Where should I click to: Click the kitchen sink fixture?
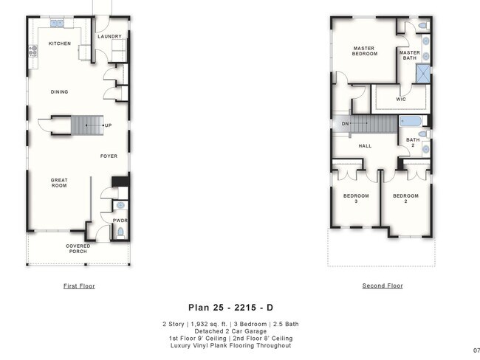click(57, 24)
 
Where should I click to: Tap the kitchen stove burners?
click(33, 51)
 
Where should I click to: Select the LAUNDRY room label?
click(109, 36)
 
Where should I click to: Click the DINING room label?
click(59, 91)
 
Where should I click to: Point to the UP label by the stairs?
click(109, 125)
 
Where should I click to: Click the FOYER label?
click(109, 156)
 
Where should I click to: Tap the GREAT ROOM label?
click(59, 183)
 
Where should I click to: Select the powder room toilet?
click(120, 232)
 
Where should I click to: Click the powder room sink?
click(120, 205)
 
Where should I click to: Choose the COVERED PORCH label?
click(78, 249)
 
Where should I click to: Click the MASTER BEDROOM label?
click(365, 51)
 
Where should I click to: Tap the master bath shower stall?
click(423, 74)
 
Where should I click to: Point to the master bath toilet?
click(424, 26)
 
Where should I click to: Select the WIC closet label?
click(401, 100)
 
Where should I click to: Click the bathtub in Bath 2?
click(411, 121)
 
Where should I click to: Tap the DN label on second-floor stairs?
click(345, 124)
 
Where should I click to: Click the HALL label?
click(365, 146)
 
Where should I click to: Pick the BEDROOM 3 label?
click(356, 198)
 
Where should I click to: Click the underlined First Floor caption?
click(79, 286)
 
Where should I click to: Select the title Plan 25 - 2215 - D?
click(230, 308)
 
